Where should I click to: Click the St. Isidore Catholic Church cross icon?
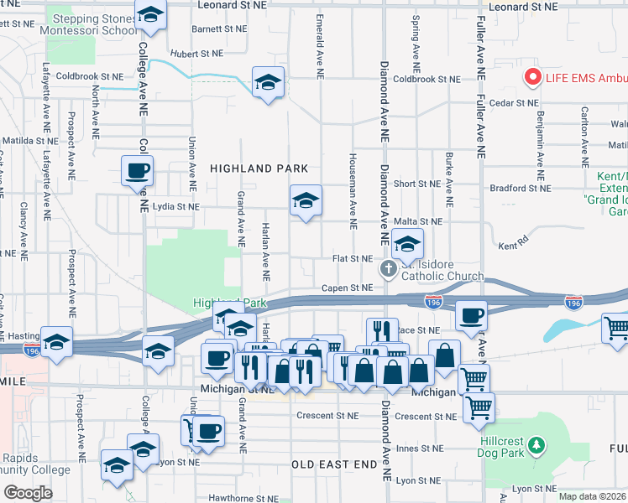click(388, 269)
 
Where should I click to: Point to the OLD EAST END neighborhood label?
click(335, 464)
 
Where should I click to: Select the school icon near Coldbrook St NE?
click(268, 82)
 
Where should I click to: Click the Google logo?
click(29, 492)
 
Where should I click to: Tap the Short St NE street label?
click(416, 184)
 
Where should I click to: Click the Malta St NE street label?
click(418, 221)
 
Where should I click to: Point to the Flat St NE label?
click(353, 259)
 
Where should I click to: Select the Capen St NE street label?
click(348, 288)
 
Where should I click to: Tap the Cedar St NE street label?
click(514, 102)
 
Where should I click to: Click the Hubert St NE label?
click(196, 52)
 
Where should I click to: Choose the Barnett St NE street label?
click(218, 28)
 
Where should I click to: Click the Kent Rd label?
click(509, 246)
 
